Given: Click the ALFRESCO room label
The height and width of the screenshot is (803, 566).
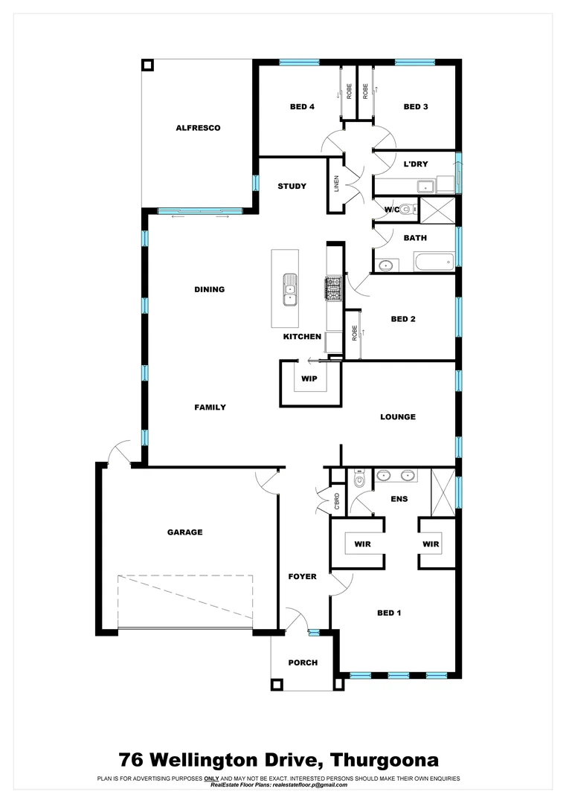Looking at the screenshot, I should (x=198, y=128).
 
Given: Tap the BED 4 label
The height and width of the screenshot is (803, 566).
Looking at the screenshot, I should (x=302, y=107).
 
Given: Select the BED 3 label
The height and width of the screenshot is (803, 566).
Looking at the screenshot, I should (x=416, y=107).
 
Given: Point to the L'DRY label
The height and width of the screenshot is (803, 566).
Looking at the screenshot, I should (x=416, y=164).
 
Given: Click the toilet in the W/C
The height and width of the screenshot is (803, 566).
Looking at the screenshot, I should (x=406, y=210).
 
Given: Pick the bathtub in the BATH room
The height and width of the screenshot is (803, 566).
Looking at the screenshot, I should (x=434, y=262).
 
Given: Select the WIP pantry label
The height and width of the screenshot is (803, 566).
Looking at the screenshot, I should (x=309, y=379).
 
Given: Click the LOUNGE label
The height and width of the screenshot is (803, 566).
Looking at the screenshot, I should (x=398, y=417).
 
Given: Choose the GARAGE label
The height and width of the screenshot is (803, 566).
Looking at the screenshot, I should (x=184, y=532).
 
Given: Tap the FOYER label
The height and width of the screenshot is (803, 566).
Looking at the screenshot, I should (x=303, y=577).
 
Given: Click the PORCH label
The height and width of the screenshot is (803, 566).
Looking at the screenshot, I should (x=303, y=662).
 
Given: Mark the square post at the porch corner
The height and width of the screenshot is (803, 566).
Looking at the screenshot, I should (x=277, y=684).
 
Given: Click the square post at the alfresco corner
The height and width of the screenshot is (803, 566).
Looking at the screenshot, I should (x=148, y=64).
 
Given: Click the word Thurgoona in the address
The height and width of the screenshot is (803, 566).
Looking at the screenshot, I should (x=385, y=760).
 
